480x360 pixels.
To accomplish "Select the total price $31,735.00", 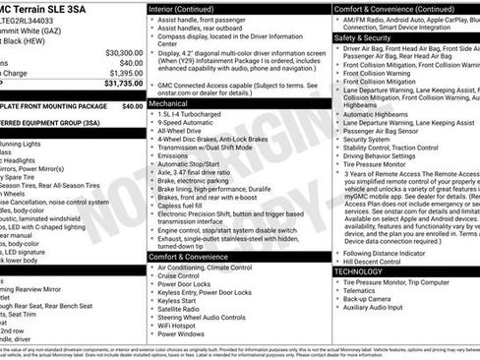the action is pyautogui.click(x=119, y=84).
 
